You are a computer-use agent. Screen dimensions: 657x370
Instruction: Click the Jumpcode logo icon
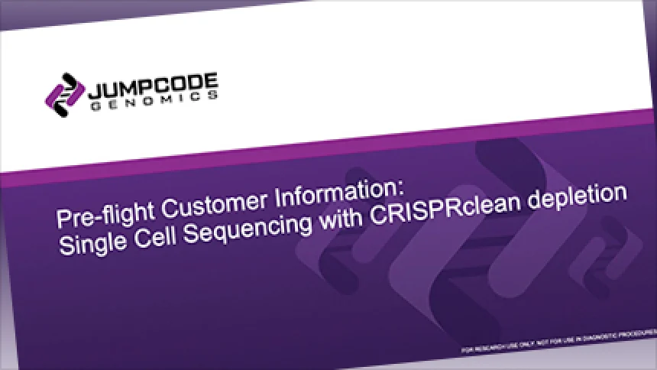(x=65, y=96)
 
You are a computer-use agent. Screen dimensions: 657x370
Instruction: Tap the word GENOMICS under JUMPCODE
(x=154, y=100)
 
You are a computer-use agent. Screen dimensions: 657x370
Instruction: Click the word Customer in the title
(x=214, y=201)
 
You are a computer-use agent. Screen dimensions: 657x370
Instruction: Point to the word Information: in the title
(x=338, y=191)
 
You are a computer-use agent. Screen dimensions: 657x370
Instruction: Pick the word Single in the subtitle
(x=92, y=242)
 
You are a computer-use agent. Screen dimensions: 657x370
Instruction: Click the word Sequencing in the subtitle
(x=248, y=229)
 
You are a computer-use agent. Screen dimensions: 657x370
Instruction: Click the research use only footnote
(x=558, y=341)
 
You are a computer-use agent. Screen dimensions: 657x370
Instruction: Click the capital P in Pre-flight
(x=64, y=218)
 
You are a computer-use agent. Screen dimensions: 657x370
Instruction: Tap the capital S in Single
(x=66, y=245)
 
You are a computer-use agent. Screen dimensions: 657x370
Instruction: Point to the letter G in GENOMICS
(x=96, y=106)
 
